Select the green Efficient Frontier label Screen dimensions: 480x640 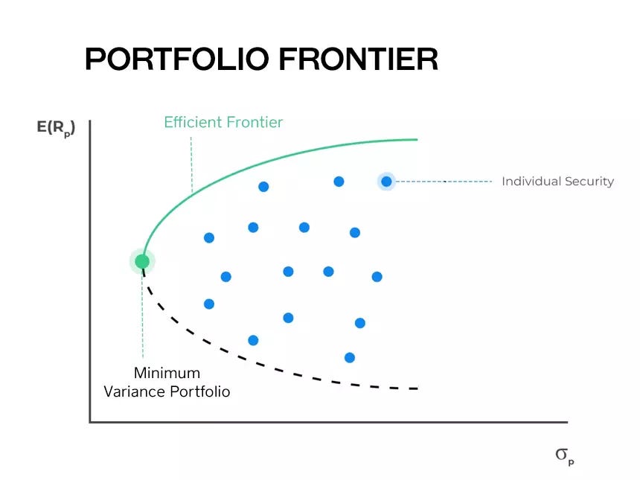coord(223,122)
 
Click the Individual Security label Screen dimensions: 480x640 coord(557,181)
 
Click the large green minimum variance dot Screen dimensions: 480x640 coord(142,261)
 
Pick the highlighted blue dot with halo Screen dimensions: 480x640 coord(386,181)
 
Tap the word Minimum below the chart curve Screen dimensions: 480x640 coord(167,374)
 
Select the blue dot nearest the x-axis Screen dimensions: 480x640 coord(350,357)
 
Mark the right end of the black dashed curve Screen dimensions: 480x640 coord(416,388)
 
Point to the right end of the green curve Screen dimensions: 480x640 coord(416,139)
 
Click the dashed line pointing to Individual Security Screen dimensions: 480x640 coord(447,181)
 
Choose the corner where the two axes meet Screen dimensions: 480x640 coord(90,422)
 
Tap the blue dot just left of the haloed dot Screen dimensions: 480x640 coord(339,181)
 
